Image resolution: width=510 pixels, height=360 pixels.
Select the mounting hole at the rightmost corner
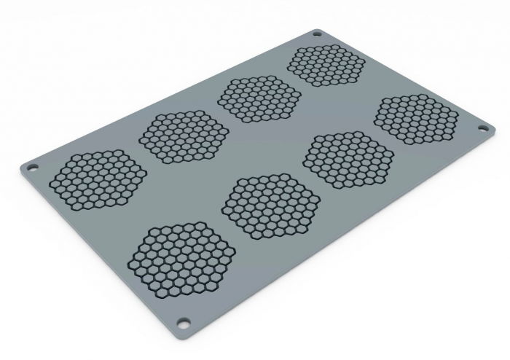(x=482, y=128)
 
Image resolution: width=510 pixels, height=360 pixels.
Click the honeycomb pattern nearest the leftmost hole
(x=95, y=179)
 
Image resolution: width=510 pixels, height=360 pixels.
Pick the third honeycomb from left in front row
(x=348, y=154)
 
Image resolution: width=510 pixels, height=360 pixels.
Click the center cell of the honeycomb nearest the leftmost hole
(x=95, y=179)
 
